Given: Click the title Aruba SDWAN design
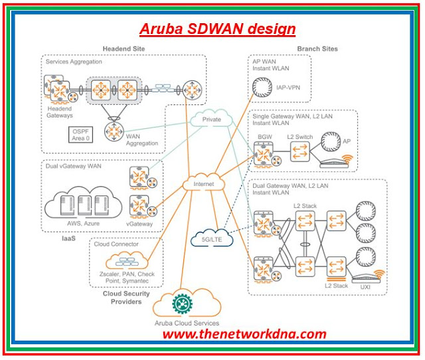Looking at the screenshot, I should tap(218, 29).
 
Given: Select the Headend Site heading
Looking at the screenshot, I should tap(124, 48).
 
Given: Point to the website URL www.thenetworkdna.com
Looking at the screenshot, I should tap(244, 334).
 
